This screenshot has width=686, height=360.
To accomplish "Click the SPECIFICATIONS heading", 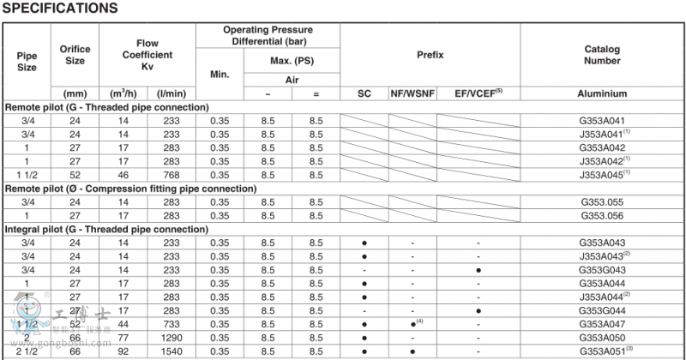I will pyautogui.click(x=61, y=9).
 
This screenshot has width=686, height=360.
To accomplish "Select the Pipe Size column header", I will pyautogui.click(x=27, y=61).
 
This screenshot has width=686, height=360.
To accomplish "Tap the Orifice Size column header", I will pyautogui.click(x=75, y=54).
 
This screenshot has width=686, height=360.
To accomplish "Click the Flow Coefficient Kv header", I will pyautogui.click(x=147, y=55).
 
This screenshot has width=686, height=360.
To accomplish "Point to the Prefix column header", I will pyautogui.click(x=430, y=54).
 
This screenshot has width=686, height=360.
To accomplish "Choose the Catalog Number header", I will pyautogui.click(x=602, y=55).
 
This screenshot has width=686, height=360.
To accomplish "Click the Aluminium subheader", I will pyautogui.click(x=602, y=93).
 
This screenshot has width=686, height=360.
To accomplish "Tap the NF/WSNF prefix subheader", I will pyautogui.click(x=412, y=93).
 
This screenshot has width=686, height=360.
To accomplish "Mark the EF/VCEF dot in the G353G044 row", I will pyautogui.click(x=478, y=310).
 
